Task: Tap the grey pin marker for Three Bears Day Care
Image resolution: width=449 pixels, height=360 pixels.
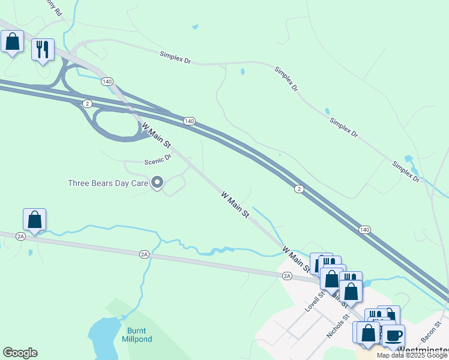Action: (x=157, y=182)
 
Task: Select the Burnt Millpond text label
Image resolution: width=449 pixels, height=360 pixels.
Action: (x=139, y=335)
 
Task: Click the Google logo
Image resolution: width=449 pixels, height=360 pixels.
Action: (x=20, y=353)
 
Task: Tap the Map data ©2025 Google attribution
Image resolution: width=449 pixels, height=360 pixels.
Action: (x=412, y=355)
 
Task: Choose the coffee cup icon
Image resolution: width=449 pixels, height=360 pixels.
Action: (x=394, y=335)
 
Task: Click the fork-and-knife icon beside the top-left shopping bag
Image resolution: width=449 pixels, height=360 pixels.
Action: (x=43, y=49)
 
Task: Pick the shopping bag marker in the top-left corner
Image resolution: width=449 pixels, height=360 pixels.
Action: (x=13, y=42)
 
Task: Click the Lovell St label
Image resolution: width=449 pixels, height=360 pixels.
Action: (x=314, y=302)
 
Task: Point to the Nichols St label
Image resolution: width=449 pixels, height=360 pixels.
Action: (x=337, y=326)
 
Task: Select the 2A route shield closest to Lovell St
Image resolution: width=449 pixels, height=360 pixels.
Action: (x=287, y=275)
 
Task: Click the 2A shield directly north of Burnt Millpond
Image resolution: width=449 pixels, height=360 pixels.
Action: (x=144, y=254)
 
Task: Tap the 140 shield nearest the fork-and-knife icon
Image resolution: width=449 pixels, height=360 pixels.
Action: (x=107, y=81)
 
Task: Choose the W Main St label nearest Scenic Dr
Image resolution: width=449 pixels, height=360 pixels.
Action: (x=156, y=136)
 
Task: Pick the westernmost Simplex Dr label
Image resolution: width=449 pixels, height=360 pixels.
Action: (x=175, y=58)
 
